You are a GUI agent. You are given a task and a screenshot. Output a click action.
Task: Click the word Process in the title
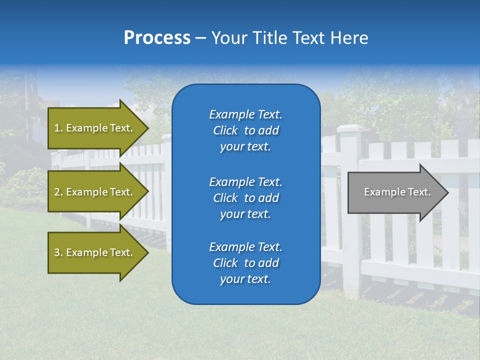(157, 38)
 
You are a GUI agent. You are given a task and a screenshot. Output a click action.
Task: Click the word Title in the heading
(270, 38)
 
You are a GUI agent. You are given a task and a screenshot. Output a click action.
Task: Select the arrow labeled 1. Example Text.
(95, 128)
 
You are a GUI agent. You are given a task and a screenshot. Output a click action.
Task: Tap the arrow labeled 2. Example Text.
(95, 192)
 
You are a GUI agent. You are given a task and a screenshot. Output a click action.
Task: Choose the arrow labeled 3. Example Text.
(95, 252)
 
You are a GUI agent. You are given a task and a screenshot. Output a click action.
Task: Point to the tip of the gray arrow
(447, 192)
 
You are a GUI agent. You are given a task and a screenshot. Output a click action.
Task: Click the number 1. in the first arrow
(58, 128)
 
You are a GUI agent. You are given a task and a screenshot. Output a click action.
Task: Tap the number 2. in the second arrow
(58, 192)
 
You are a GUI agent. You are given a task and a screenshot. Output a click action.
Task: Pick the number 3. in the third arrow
(58, 252)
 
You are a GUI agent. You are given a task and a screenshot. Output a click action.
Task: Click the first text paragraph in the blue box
(245, 130)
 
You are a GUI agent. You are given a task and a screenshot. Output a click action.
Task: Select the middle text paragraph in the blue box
(245, 198)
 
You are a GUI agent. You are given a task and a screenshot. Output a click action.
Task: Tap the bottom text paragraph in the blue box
(245, 263)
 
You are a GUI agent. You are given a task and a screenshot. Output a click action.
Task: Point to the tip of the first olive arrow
(147, 128)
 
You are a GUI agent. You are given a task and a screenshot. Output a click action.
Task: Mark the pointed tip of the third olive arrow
(147, 252)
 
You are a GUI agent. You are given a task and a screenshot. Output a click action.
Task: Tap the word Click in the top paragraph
(225, 130)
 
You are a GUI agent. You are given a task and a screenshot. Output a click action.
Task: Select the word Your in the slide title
(229, 38)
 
